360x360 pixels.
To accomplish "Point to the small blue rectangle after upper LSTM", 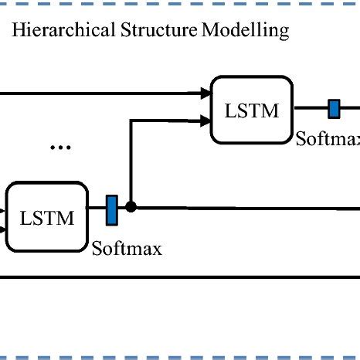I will point(334,109).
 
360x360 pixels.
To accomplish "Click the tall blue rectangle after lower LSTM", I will point(111,209).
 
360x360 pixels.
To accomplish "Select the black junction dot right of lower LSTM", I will point(131,207).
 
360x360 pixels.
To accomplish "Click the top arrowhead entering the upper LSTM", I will point(206,93).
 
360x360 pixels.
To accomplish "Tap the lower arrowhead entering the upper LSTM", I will point(206,120).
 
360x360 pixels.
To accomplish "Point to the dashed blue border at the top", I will point(180,2).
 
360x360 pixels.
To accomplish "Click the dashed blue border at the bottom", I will point(180,357).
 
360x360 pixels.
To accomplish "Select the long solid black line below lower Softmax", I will point(180,276).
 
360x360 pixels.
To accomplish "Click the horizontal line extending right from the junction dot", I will point(247,208).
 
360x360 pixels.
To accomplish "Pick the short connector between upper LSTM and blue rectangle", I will point(312,109).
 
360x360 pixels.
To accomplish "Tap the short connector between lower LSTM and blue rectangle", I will point(96,209).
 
